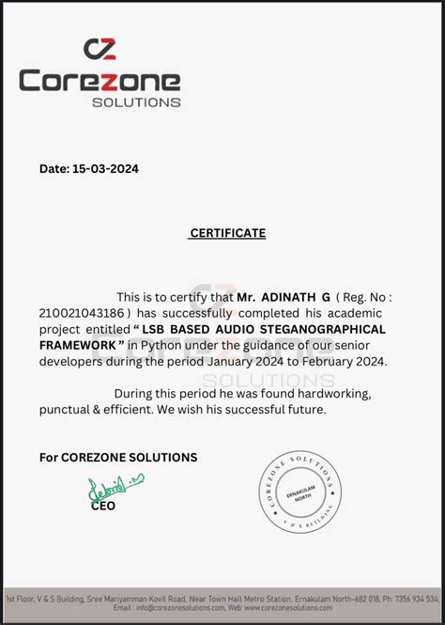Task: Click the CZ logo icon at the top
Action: pyautogui.click(x=100, y=49)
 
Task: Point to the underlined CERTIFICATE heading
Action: pyautogui.click(x=227, y=233)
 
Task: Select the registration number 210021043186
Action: pyautogui.click(x=84, y=313)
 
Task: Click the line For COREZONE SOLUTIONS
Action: pyautogui.click(x=118, y=458)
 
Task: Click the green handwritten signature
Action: pyautogui.click(x=115, y=486)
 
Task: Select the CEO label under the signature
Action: pyautogui.click(x=103, y=506)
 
